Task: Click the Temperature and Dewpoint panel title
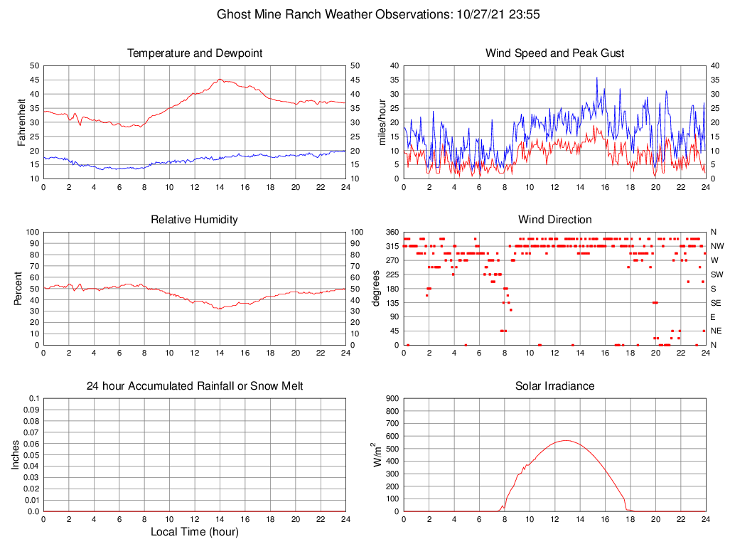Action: point(194,53)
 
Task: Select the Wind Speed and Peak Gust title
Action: point(554,53)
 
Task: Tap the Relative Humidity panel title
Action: point(194,220)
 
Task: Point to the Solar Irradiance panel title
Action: point(554,386)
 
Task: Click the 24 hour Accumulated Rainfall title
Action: point(194,386)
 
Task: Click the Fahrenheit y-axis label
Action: point(22,122)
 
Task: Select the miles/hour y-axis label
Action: point(382,122)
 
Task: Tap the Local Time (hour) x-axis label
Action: point(194,531)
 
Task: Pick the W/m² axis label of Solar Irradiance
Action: point(378,454)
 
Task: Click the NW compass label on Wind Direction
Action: point(716,246)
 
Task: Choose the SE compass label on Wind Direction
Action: point(716,303)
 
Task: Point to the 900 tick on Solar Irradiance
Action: point(391,399)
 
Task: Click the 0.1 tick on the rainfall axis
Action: point(33,399)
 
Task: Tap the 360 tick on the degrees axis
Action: point(391,232)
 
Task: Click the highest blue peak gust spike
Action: point(597,78)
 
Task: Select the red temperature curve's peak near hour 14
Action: point(220,80)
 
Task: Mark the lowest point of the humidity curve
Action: point(220,309)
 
